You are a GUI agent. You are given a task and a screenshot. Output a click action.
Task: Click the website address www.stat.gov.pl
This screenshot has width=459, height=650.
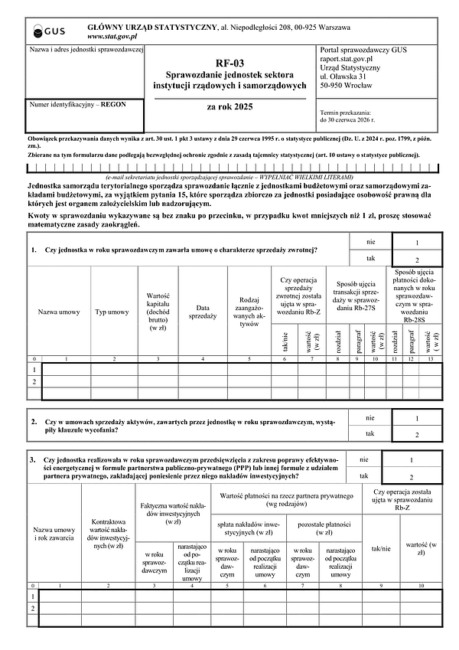coord(112,36)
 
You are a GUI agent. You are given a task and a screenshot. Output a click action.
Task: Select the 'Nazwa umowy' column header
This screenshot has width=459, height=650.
coord(59,312)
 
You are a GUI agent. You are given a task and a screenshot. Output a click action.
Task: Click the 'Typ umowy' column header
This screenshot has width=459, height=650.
coord(112,312)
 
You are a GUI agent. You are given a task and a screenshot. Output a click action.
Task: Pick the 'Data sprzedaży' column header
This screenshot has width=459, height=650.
coord(202,312)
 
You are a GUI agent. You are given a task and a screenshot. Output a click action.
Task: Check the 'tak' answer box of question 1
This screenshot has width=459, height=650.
coord(416,260)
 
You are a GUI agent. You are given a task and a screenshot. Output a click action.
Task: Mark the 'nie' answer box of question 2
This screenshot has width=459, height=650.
coord(416,419)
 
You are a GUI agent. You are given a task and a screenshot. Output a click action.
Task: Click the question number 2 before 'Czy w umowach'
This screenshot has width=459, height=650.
coord(34,422)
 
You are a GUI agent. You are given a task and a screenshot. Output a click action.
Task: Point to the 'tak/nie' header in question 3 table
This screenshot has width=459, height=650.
coord(381,548)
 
